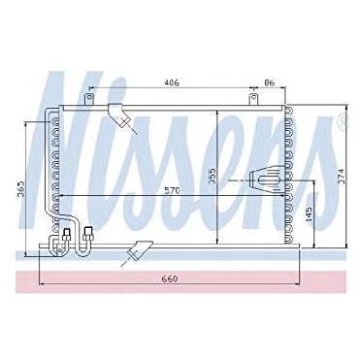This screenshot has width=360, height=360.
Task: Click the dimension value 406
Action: [172, 82]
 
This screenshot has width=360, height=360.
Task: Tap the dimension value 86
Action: [269, 82]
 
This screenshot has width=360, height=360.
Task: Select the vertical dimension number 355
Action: [212, 176]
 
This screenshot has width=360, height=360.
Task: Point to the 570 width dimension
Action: [172, 190]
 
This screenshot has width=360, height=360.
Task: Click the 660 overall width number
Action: [170, 278]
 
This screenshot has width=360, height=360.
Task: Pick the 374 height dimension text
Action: [342, 177]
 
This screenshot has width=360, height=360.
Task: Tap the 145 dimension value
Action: [309, 213]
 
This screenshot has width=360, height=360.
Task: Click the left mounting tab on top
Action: [88, 99]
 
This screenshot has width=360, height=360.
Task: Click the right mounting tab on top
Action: [254, 99]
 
